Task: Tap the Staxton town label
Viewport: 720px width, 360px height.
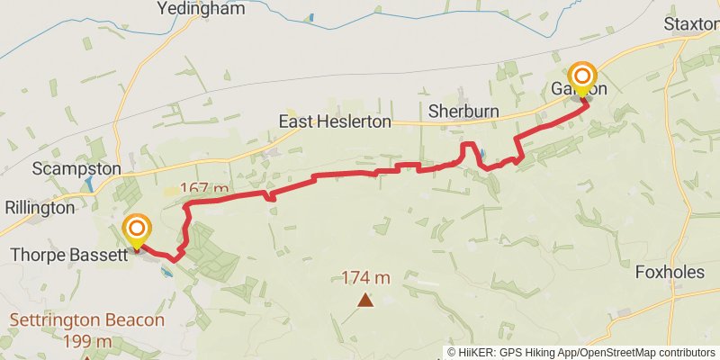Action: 691,22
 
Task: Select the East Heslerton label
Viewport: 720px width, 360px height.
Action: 335,121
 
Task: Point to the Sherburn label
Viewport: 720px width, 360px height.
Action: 463,112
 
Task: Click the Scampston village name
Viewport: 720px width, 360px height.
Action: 76,169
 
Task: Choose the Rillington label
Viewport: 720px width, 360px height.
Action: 40,207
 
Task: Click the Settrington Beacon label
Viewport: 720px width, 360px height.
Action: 87,319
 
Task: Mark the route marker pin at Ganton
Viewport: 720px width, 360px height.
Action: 583,77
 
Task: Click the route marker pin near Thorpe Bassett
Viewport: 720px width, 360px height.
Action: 138,230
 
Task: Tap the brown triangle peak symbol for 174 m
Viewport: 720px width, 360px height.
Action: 365,300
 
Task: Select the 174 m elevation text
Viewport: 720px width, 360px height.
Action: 365,277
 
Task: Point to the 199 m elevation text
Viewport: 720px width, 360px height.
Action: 87,341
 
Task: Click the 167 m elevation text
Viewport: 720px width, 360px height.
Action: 205,188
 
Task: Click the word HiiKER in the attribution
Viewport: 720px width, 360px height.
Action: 474,352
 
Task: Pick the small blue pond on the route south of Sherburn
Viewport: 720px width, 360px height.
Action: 483,154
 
